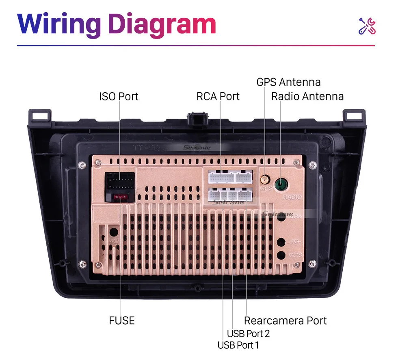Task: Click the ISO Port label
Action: coord(119,97)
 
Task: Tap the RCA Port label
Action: coord(218,97)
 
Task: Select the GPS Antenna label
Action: coord(288,82)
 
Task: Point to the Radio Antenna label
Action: coord(307,97)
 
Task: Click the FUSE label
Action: coord(121,321)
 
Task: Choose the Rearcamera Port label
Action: coord(285,321)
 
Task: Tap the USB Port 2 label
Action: coord(248,334)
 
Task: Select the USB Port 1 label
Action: coord(238,345)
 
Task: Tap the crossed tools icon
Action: coord(367,26)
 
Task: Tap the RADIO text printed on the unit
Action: coord(292,197)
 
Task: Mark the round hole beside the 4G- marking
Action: coord(280,243)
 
